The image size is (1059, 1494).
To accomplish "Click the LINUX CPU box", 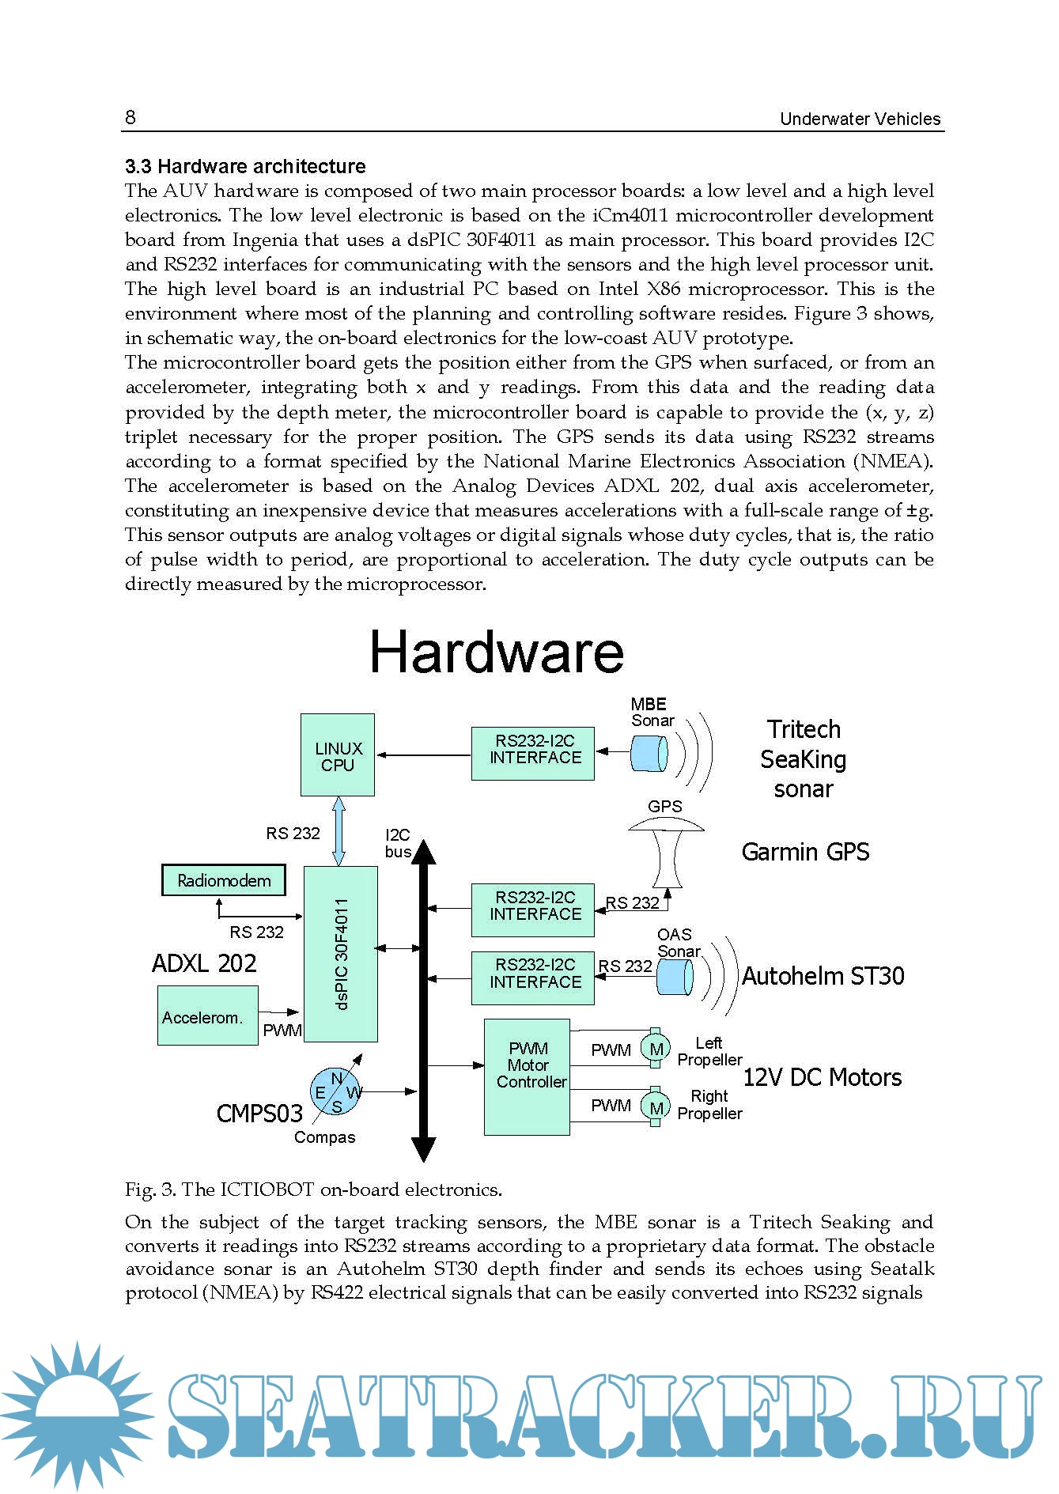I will (x=338, y=755).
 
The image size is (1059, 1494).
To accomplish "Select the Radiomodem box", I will (x=224, y=880).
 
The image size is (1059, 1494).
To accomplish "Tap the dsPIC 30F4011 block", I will (x=341, y=954).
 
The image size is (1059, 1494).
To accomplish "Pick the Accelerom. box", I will (x=208, y=1016).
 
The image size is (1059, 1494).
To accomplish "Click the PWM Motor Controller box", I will (x=527, y=1076).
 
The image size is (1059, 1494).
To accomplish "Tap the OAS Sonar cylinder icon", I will (x=675, y=978).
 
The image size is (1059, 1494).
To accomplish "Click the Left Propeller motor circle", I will (x=656, y=1049).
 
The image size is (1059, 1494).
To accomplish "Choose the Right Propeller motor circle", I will (x=656, y=1106).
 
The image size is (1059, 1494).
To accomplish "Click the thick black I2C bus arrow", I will (x=424, y=1000).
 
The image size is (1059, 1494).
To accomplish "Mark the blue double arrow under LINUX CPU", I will (x=339, y=830).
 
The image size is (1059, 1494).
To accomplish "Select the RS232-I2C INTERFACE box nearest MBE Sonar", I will (x=533, y=754).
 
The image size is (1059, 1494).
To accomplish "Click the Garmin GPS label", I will (x=805, y=852).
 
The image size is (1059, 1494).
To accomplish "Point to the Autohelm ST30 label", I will (x=823, y=976).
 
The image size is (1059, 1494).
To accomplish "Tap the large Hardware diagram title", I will (x=497, y=652).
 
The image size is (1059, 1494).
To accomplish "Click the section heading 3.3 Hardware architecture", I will (x=245, y=166).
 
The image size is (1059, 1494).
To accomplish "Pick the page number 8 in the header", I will (x=130, y=118).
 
